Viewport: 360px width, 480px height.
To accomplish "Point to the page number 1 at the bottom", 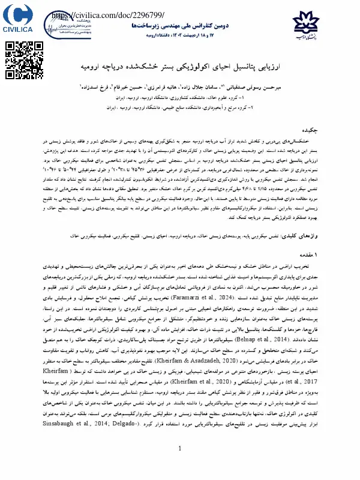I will click(x=180, y=465).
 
